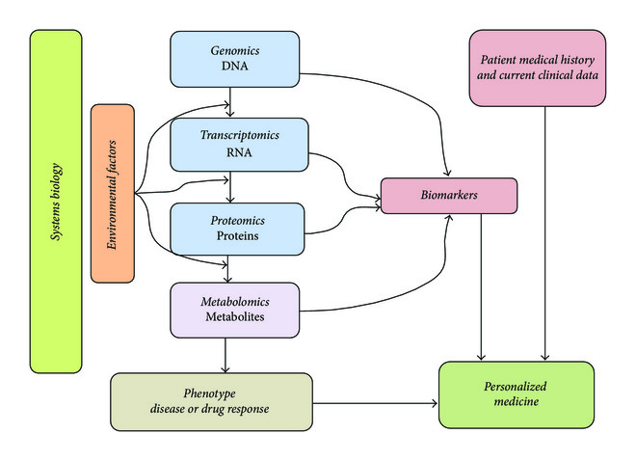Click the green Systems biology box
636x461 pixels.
click(x=56, y=201)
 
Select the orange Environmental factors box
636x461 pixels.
click(x=112, y=193)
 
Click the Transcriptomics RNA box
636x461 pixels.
click(x=239, y=145)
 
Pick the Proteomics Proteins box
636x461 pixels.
click(x=237, y=228)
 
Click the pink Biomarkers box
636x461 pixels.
click(x=449, y=196)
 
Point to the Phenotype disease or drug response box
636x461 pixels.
click(x=211, y=401)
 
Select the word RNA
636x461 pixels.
click(x=239, y=153)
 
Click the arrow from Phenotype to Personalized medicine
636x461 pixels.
click(x=376, y=401)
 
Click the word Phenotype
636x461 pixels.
click(x=210, y=393)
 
